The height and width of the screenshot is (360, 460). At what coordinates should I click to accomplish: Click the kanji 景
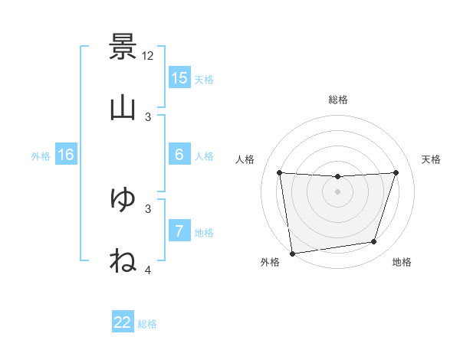tap(123, 47)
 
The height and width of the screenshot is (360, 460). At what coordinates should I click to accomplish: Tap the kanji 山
tap(123, 108)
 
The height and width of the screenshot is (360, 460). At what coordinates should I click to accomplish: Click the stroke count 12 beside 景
tap(148, 56)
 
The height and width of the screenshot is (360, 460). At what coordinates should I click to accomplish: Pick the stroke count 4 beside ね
tap(148, 269)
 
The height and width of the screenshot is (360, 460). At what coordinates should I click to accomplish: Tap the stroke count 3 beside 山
tap(148, 116)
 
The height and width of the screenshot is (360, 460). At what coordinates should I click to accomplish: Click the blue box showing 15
tap(179, 78)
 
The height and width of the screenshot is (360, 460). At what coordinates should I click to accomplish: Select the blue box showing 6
tap(179, 155)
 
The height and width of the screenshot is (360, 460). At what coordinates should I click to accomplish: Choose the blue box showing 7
tap(179, 231)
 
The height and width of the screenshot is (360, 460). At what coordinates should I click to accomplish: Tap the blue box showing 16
tap(66, 155)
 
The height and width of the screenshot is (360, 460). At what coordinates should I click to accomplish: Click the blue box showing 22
tap(123, 322)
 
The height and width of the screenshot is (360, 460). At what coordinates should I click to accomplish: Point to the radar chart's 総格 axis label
tap(338, 100)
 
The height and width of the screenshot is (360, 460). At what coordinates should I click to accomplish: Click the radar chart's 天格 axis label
tap(431, 159)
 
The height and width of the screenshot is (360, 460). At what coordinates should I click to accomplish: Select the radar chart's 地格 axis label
tap(402, 262)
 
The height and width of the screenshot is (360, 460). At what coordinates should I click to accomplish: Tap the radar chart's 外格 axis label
tap(270, 262)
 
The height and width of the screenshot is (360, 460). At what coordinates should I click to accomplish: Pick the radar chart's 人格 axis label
tap(246, 159)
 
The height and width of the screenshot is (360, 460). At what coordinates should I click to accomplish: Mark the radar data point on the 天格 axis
tap(396, 172)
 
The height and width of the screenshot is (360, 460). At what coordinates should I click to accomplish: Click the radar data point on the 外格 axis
tap(292, 253)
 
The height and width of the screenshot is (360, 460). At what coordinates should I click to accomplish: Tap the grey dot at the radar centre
tap(338, 191)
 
